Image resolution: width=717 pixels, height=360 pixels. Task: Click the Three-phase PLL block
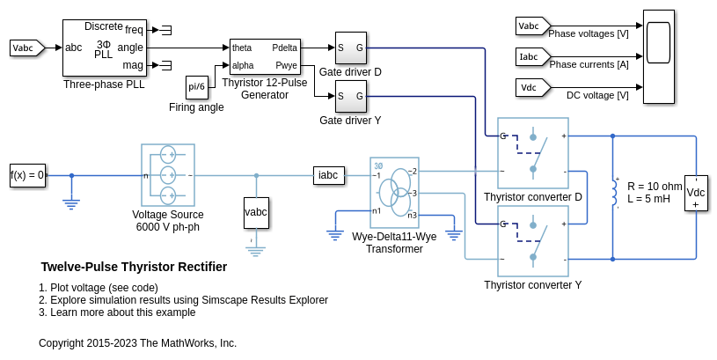click(104, 48)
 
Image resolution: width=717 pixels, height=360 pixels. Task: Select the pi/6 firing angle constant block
click(197, 86)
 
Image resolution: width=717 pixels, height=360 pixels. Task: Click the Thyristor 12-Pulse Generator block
click(264, 57)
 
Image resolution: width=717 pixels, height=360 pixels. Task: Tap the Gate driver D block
click(349, 48)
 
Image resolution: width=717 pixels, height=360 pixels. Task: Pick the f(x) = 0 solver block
click(27, 174)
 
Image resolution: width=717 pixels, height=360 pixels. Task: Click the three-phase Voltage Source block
click(168, 175)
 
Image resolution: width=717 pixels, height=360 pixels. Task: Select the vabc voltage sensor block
click(256, 212)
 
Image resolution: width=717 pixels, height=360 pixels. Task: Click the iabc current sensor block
click(328, 175)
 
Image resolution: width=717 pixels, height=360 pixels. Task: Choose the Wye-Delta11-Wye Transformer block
click(394, 193)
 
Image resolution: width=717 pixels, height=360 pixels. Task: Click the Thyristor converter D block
click(533, 153)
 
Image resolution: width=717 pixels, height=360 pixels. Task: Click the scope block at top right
click(658, 56)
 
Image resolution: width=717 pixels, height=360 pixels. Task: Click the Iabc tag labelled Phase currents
click(530, 57)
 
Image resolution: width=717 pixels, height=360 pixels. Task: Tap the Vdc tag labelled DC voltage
click(530, 87)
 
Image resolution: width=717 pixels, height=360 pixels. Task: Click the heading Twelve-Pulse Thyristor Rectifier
click(134, 267)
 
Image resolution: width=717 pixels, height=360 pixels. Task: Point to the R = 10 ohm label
click(655, 187)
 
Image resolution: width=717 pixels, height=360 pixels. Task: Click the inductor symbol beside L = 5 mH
click(614, 193)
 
